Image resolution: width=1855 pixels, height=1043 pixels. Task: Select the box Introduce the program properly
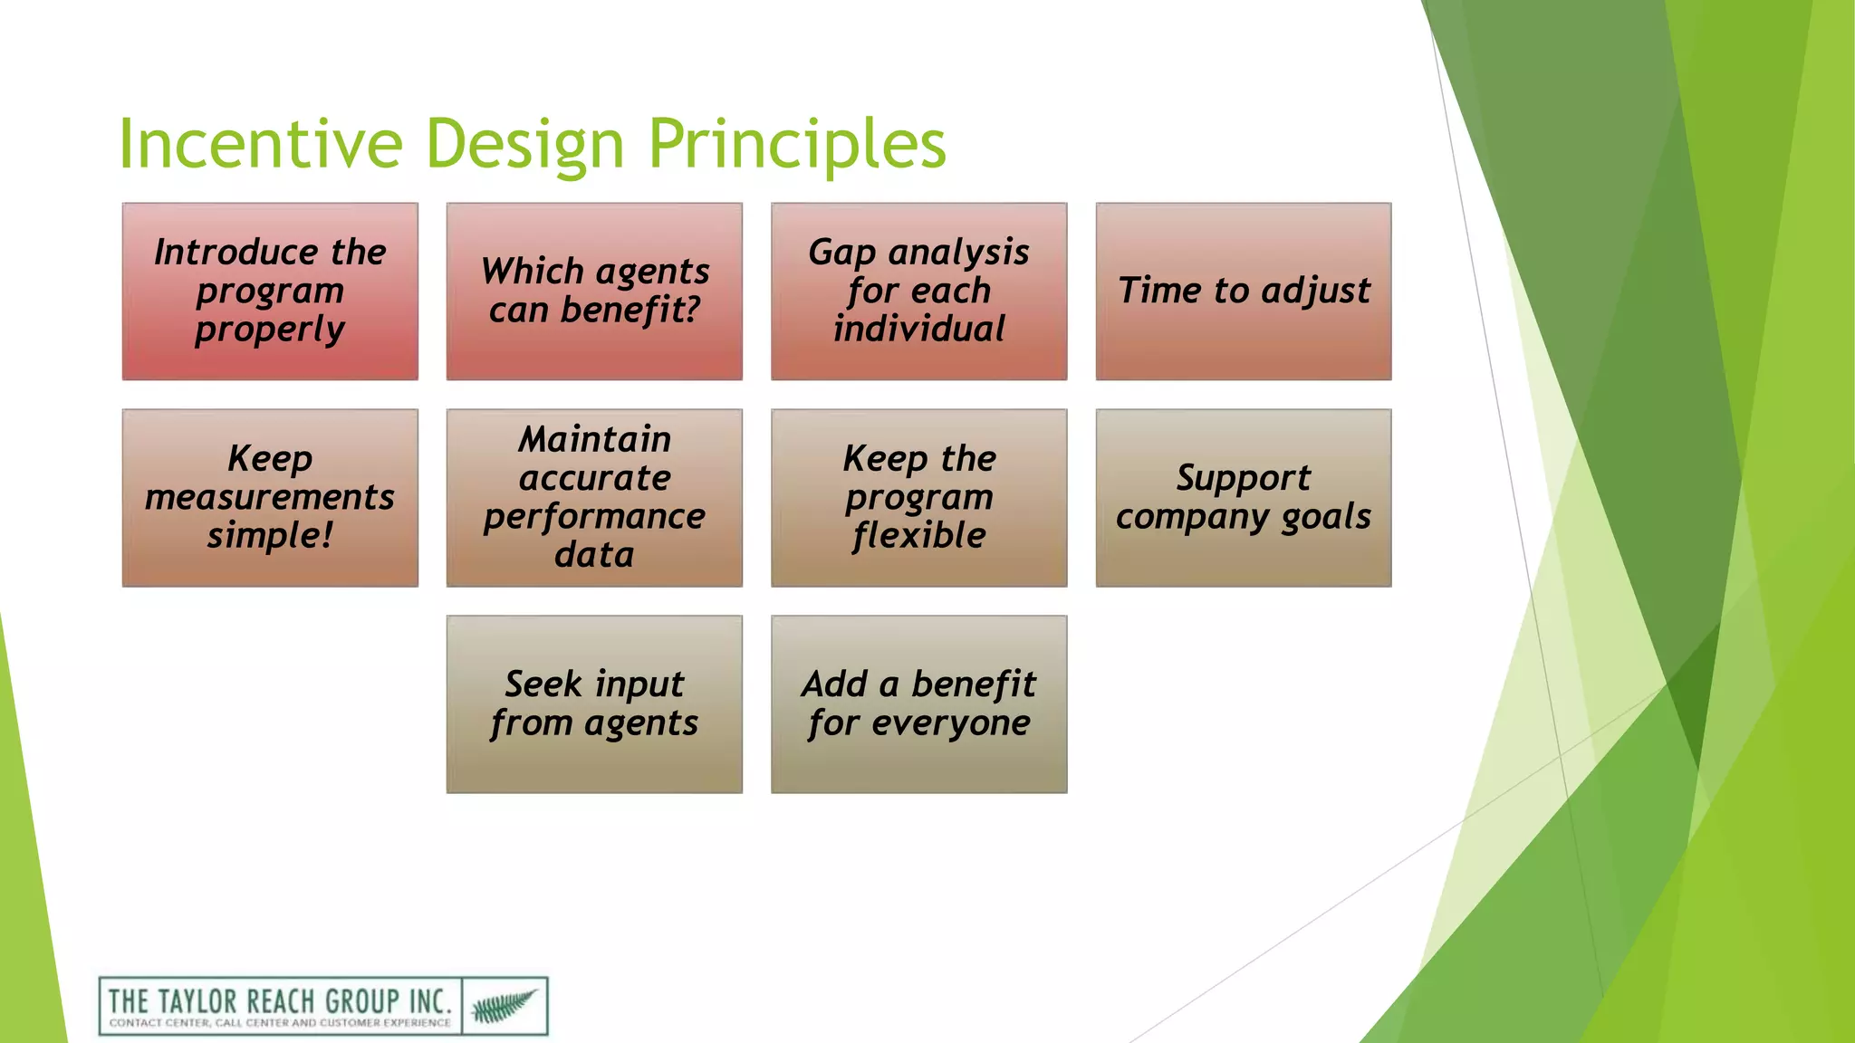(x=270, y=292)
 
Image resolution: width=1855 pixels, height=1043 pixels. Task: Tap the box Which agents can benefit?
(x=594, y=292)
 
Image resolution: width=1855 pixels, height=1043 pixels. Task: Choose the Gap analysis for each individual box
(x=918, y=292)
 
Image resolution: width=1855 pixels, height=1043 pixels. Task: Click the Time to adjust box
(x=1243, y=292)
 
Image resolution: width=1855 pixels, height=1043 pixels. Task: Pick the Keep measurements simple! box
(x=270, y=498)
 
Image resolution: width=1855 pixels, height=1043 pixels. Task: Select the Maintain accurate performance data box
(x=594, y=498)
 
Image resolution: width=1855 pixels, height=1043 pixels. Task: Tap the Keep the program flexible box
(x=918, y=498)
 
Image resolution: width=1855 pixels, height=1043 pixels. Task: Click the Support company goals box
(x=1243, y=498)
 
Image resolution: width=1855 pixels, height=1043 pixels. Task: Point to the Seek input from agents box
(x=594, y=704)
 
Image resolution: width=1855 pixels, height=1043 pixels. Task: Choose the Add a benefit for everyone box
(x=918, y=704)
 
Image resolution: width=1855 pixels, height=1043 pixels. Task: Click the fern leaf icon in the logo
(x=504, y=1005)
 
